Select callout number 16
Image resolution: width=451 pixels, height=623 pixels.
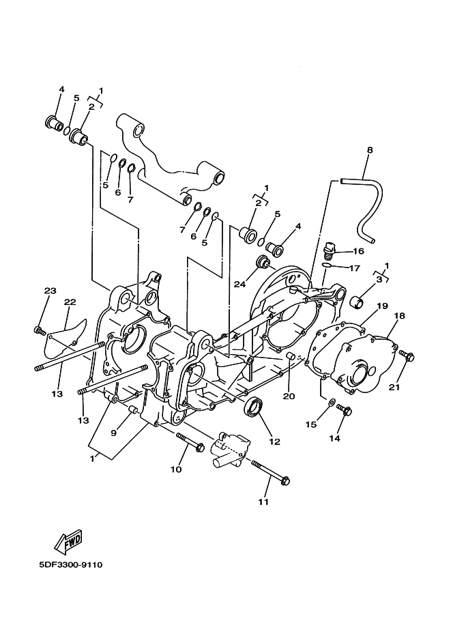click(x=358, y=251)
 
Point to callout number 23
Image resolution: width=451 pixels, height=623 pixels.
click(x=50, y=291)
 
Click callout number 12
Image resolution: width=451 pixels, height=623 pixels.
click(x=276, y=441)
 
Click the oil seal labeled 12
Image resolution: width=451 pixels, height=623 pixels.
click(x=254, y=407)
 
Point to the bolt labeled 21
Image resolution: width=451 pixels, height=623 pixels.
click(x=409, y=356)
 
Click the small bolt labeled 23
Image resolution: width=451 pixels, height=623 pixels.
click(x=39, y=331)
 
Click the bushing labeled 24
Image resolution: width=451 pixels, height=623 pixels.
click(x=261, y=263)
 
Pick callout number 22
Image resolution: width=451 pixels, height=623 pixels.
click(x=70, y=302)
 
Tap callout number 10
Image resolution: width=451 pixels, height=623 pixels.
click(x=175, y=469)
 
